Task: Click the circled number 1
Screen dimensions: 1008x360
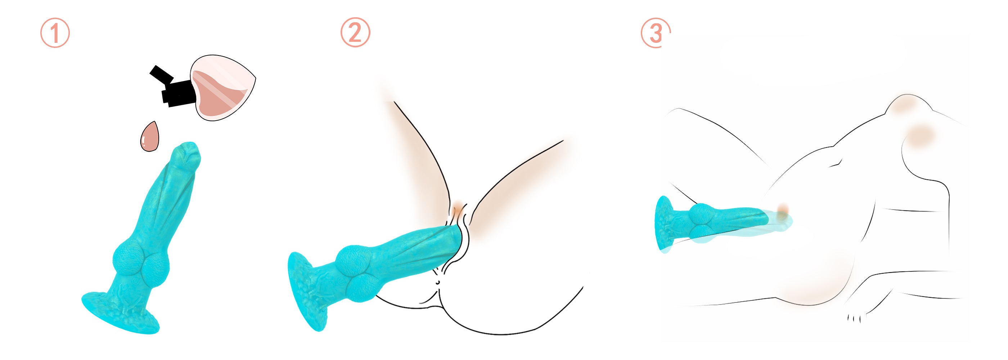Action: (55, 33)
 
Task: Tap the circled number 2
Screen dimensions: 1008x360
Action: (355, 32)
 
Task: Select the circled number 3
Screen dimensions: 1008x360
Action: (656, 33)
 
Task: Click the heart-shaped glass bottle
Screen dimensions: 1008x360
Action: (222, 87)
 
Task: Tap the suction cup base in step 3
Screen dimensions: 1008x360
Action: (665, 224)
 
